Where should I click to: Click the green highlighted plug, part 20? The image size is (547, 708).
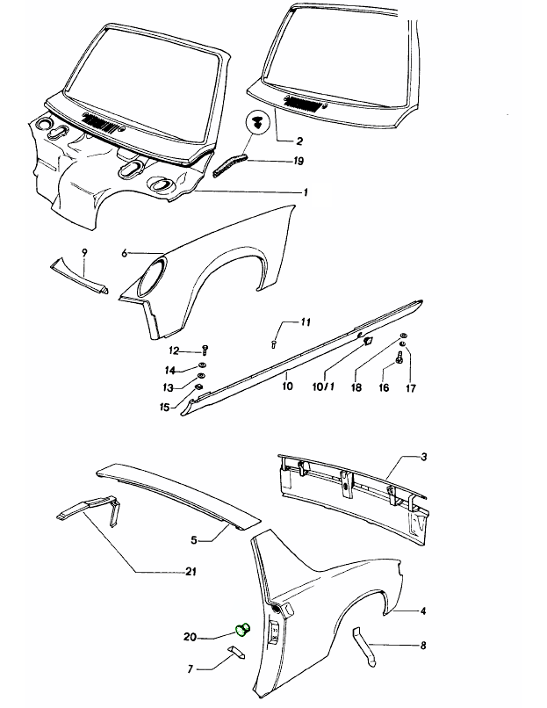click(x=243, y=629)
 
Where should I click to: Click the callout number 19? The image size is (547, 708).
click(x=299, y=161)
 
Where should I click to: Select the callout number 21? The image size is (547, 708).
click(x=191, y=572)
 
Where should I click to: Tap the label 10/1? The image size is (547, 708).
click(x=324, y=387)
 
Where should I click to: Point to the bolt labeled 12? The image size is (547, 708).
click(x=205, y=350)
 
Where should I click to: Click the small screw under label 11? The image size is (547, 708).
click(x=274, y=344)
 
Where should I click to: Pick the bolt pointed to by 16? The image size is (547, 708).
click(x=399, y=358)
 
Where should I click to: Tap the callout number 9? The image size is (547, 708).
click(x=84, y=252)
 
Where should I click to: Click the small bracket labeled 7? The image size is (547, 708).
click(x=236, y=652)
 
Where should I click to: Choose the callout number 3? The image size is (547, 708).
click(x=423, y=457)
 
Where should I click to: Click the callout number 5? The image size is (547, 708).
click(x=194, y=540)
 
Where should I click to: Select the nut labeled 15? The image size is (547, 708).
click(x=198, y=387)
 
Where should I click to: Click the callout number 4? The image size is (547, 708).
click(x=423, y=610)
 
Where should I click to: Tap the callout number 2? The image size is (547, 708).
click(x=299, y=141)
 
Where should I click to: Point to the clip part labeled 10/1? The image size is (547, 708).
click(x=367, y=341)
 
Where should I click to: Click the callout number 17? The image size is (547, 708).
click(x=411, y=388)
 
